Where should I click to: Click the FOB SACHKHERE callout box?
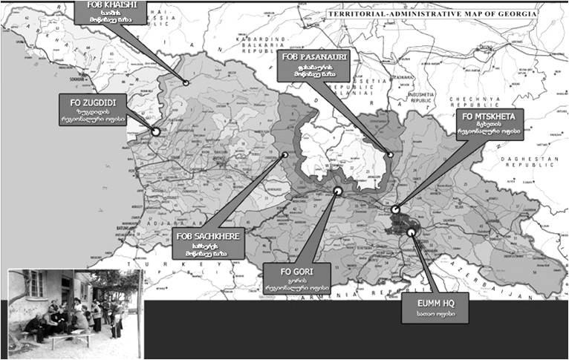click(x=209, y=244)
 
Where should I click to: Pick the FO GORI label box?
click(x=296, y=278)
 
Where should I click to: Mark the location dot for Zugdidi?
click(x=156, y=131)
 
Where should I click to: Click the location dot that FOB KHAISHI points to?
click(x=185, y=83)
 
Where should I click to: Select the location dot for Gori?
click(x=338, y=191)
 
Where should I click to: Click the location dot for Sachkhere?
click(x=285, y=155)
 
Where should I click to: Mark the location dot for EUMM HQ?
click(x=411, y=232)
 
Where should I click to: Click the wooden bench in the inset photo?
click(x=71, y=338)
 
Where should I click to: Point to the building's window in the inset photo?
click(x=34, y=284)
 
